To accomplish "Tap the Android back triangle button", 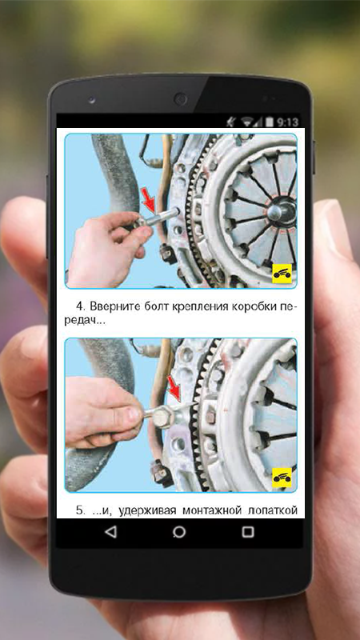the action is (x=110, y=532).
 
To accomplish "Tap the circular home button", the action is (x=179, y=532).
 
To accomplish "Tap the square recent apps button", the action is (x=248, y=532).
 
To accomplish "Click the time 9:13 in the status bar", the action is (x=288, y=122).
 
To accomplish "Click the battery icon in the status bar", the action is (x=270, y=122).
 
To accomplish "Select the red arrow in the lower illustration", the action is (x=174, y=389).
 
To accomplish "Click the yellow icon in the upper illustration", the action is (x=282, y=274).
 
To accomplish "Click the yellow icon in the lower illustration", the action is (x=282, y=478).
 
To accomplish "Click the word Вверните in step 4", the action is (x=116, y=306).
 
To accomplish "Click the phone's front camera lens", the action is (x=180, y=99).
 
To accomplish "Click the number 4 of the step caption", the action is (x=81, y=306).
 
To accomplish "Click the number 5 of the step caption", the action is (x=81, y=510).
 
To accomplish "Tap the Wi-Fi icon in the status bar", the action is (x=247, y=122).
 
